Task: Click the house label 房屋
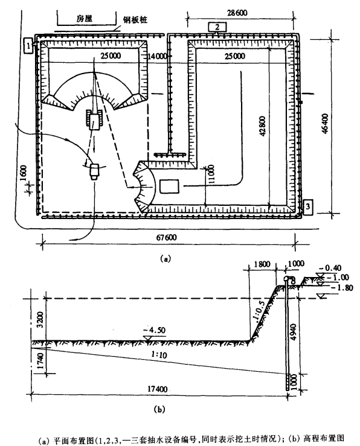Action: coord(85,19)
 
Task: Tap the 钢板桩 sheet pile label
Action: coord(135,20)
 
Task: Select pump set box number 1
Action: coord(29,45)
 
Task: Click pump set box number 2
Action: coord(217,27)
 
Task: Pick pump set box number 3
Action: coord(308,207)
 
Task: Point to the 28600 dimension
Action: coord(237,13)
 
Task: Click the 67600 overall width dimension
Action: coord(167,237)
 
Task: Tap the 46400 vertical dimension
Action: coord(325,123)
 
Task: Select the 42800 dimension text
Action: coord(262,126)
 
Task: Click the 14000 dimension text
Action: coord(157,56)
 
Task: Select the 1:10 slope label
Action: coord(159,355)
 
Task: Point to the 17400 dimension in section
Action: coord(158,389)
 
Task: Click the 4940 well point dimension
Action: coord(294,331)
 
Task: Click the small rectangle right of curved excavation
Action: coord(169,186)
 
